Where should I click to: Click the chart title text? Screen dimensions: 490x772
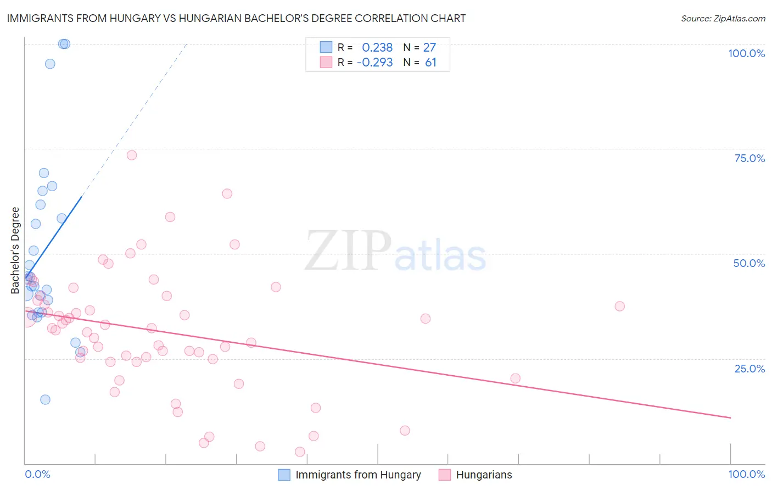[x=236, y=19]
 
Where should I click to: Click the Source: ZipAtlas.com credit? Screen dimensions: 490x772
[x=723, y=19]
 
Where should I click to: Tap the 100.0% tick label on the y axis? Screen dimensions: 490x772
[x=746, y=53]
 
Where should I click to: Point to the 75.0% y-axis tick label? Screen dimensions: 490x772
[x=749, y=158]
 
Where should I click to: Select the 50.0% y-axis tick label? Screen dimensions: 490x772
[x=749, y=263]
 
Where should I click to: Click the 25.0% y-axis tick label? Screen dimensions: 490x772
[x=749, y=368]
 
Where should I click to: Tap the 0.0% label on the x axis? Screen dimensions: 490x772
[x=37, y=474]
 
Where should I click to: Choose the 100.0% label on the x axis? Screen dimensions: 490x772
[x=746, y=474]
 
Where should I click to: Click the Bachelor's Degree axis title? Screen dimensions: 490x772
[x=15, y=250]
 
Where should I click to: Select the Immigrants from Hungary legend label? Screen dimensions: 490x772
[x=358, y=475]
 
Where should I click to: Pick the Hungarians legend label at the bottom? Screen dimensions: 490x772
[x=484, y=475]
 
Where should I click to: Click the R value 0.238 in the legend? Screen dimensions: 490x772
[x=377, y=47]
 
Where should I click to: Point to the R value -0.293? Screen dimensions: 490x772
[x=374, y=63]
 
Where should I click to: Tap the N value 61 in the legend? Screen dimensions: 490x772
[x=430, y=63]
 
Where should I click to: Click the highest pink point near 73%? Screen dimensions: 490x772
[x=132, y=155]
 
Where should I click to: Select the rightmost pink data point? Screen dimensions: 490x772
[x=619, y=306]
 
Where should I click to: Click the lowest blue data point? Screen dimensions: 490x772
[x=46, y=399]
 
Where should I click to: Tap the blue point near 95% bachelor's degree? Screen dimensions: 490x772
[x=50, y=64]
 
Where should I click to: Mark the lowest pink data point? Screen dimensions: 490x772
[x=300, y=452]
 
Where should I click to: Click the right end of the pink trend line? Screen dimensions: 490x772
[x=730, y=418]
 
